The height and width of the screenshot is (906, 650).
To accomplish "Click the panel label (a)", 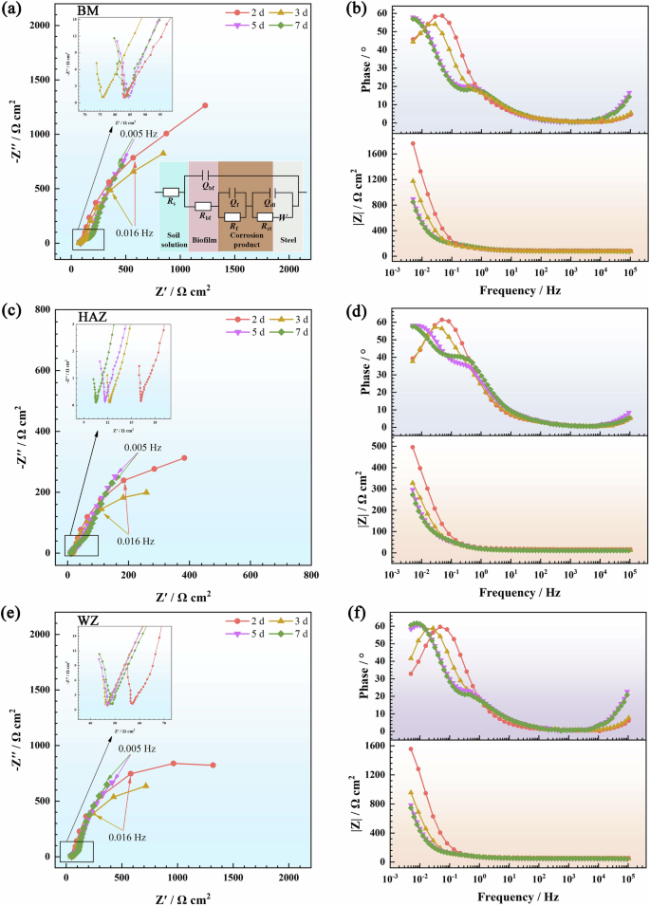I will click(12, 11).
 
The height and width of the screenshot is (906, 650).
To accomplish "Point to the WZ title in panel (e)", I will click(90, 622).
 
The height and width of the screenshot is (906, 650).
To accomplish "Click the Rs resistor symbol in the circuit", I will click(171, 192).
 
